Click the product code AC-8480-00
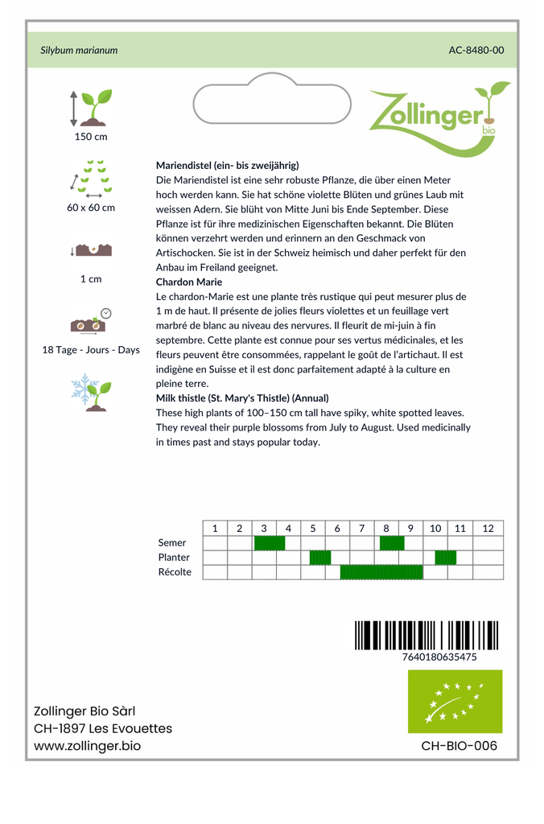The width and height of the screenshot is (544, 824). [476, 50]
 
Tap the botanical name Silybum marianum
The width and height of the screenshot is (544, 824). [79, 50]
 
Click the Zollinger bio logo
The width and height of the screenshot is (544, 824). [439, 117]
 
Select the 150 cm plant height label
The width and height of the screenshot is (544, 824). [91, 137]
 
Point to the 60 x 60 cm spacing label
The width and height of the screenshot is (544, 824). [91, 208]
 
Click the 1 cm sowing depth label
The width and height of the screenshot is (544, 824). [91, 279]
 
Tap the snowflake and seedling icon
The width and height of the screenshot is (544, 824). [91, 392]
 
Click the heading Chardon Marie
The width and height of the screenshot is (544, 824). [189, 282]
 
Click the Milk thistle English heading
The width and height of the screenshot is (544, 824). [242, 398]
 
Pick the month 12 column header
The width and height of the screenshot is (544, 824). [488, 529]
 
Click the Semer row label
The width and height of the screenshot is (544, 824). [172, 543]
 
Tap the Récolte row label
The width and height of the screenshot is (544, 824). [175, 572]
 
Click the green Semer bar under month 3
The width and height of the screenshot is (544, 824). [270, 543]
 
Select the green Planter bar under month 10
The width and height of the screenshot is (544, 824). [446, 558]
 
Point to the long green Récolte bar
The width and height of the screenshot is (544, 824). [381, 572]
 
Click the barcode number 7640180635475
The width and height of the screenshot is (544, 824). [439, 657]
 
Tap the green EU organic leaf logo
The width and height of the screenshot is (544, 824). [455, 701]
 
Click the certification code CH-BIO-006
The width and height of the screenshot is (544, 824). [459, 746]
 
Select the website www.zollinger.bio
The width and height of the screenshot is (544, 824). [87, 746]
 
